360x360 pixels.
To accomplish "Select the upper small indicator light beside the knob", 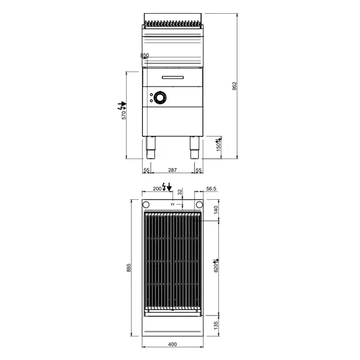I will pos(149,94).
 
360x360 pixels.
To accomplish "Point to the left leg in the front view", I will pos(150,146).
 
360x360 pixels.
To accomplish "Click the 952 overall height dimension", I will pos(235,86).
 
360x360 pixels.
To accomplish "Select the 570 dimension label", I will pos(125,114).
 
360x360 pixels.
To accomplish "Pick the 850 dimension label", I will pos(144,56).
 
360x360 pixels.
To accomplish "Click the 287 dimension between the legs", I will pos(172,171).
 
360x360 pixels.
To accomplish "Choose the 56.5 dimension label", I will pos(211,188).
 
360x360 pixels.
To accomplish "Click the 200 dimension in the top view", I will pos(157,188).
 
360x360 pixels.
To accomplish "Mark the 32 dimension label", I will pos(180,192).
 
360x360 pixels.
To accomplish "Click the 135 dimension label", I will pos(216,325).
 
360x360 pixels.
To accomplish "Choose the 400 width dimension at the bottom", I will pos(172,344).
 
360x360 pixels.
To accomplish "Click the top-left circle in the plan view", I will pos(146,205).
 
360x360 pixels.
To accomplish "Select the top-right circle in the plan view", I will pos(199,205).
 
